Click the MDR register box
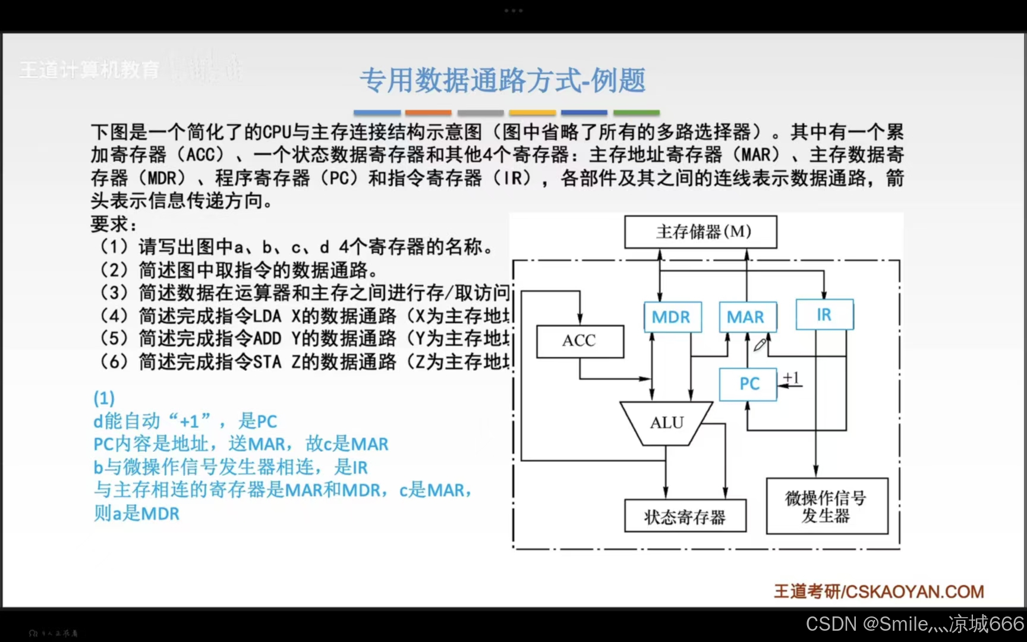tap(672, 317)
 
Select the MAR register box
tap(746, 317)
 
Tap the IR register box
tap(824, 314)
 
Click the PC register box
tap(748, 384)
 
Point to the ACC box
tap(579, 341)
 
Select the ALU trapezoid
tap(666, 423)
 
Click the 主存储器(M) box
tap(700, 231)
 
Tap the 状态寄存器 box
tap(685, 516)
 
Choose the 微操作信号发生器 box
tap(826, 506)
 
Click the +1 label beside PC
tap(791, 377)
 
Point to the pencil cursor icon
tap(760, 345)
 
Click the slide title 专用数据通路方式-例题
tap(502, 80)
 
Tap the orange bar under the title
tap(428, 112)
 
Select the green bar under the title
tap(636, 112)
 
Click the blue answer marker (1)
tap(104, 398)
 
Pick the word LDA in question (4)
tap(267, 316)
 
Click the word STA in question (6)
tap(267, 361)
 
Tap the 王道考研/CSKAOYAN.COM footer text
tap(878, 591)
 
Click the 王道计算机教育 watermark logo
tap(89, 70)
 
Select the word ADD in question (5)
tap(267, 338)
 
